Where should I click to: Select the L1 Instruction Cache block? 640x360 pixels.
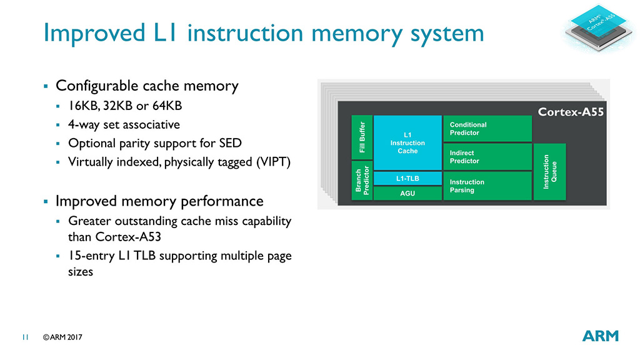(x=407, y=142)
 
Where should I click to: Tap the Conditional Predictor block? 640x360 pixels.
(x=487, y=129)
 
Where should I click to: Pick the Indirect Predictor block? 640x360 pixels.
(x=487, y=157)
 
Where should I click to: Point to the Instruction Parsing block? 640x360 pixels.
(x=487, y=186)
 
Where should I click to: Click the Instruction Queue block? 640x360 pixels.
(x=549, y=172)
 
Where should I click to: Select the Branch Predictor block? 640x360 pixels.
(x=362, y=181)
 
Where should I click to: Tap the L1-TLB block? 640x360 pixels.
(x=407, y=179)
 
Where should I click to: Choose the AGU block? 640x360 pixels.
(x=407, y=194)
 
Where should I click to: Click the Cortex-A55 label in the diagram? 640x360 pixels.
(x=571, y=113)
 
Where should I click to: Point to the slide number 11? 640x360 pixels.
(x=26, y=337)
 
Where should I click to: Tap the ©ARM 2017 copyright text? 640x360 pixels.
(x=62, y=337)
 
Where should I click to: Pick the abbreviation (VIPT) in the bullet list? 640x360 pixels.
(x=269, y=162)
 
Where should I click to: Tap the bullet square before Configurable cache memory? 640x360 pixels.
(x=46, y=86)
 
